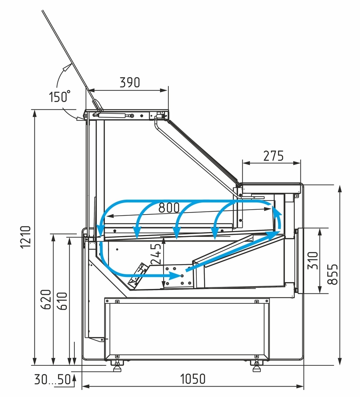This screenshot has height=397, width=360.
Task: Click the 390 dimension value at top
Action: [x=130, y=82]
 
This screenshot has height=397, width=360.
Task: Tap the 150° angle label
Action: [x=59, y=97]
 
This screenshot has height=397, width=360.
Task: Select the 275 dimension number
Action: [x=273, y=155]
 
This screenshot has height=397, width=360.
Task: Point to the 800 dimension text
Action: [x=169, y=208]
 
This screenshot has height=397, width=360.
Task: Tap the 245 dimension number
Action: [x=156, y=253]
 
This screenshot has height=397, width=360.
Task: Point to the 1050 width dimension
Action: [x=192, y=378]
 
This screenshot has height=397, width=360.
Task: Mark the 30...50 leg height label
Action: [x=52, y=379]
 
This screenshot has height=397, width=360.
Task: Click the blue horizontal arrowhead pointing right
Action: [x=175, y=275]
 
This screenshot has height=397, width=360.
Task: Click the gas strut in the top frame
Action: [x=114, y=115]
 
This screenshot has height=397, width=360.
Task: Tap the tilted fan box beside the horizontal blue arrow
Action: [x=136, y=276]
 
